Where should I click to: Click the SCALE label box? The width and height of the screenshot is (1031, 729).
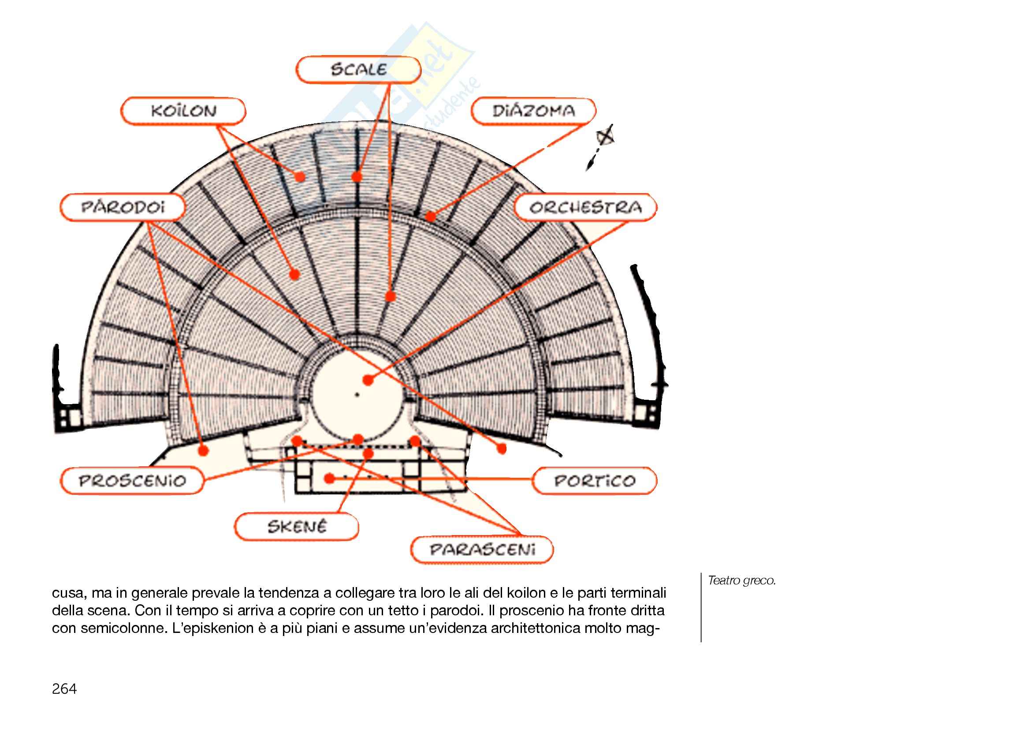[358, 70]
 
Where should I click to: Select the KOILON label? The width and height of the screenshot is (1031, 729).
[183, 111]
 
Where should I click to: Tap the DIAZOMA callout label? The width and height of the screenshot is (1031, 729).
[533, 111]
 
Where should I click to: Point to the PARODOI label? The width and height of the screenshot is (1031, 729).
[123, 208]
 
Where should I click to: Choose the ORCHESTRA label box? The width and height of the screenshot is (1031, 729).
[585, 208]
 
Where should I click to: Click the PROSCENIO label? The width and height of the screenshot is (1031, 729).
[132, 481]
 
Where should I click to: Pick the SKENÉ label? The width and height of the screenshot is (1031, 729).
[296, 527]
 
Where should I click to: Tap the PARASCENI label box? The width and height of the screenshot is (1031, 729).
[482, 550]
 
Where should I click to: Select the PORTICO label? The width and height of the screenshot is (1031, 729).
[595, 481]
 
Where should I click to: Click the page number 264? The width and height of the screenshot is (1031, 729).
[64, 688]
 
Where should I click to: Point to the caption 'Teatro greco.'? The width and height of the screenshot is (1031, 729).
[741, 580]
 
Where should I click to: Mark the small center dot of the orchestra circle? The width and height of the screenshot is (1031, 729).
[357, 395]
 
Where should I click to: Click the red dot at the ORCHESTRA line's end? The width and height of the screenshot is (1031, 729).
[368, 380]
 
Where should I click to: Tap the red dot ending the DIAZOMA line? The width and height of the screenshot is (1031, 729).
[430, 217]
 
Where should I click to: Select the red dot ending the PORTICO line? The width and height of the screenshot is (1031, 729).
[330, 479]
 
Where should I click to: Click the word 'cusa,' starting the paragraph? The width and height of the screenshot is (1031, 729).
[68, 593]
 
